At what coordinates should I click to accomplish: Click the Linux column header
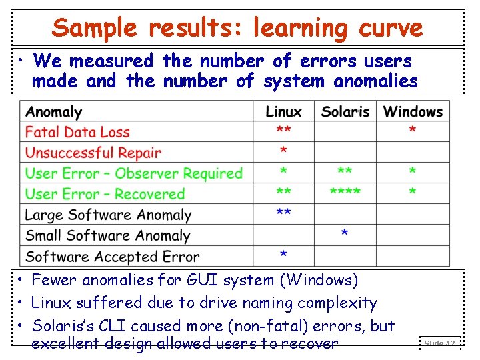(283, 111)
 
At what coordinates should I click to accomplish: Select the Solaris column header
(345, 111)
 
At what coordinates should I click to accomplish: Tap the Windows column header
(413, 111)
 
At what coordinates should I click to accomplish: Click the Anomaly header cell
(54, 111)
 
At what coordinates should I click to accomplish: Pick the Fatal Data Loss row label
(77, 132)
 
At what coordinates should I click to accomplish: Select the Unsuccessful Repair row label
(93, 153)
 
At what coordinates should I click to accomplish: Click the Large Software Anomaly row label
(108, 215)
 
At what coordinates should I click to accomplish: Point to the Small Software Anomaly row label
(107, 235)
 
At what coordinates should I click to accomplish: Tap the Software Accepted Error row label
(112, 256)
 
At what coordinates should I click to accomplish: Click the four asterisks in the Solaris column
(345, 193)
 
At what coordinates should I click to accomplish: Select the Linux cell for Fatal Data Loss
(283, 130)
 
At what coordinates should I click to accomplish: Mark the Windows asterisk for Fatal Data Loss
(413, 130)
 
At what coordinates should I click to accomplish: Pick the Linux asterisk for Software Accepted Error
(283, 255)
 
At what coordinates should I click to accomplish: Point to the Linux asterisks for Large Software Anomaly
(283, 213)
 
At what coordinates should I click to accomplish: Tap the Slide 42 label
(439, 344)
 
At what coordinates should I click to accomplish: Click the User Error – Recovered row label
(105, 194)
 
